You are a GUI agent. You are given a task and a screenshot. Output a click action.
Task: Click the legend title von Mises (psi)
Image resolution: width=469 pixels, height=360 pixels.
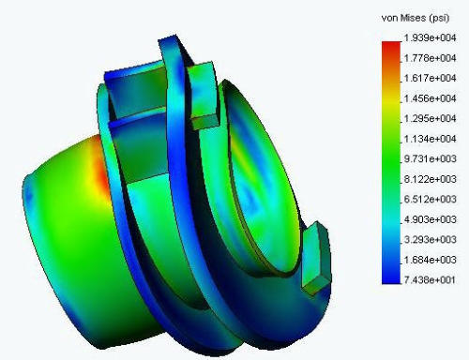416,18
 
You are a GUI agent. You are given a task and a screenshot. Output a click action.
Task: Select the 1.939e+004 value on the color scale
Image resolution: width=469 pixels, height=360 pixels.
430,38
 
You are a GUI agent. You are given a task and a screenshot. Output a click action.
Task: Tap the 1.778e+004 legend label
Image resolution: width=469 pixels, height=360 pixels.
430,58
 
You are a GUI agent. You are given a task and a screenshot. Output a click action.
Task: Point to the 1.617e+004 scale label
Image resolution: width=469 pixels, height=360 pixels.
430,78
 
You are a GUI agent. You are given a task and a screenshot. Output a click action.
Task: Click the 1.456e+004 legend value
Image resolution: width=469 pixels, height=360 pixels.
430,98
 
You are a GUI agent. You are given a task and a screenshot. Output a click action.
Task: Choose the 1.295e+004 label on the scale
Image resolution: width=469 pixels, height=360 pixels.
430,119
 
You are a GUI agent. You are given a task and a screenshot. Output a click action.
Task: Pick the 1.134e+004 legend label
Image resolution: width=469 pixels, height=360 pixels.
430,139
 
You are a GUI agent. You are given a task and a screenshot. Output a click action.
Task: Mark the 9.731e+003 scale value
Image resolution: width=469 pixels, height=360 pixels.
430,158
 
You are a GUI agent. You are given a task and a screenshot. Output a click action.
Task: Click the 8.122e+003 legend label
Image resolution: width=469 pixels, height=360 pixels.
430,179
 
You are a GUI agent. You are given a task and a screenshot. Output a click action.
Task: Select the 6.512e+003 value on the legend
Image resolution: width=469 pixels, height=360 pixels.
430,199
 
